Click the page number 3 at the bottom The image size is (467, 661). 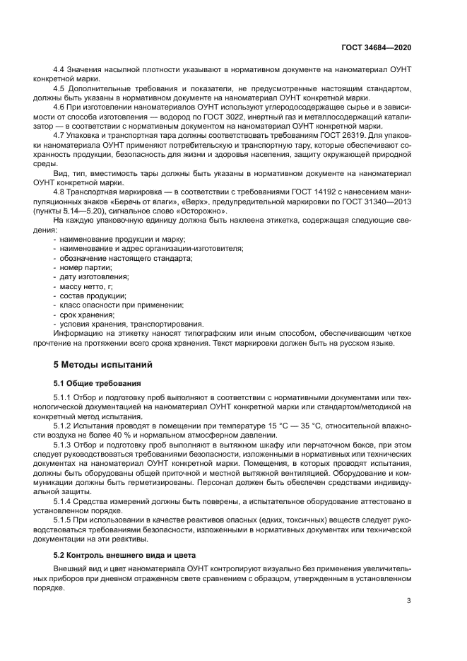tap(409, 601)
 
